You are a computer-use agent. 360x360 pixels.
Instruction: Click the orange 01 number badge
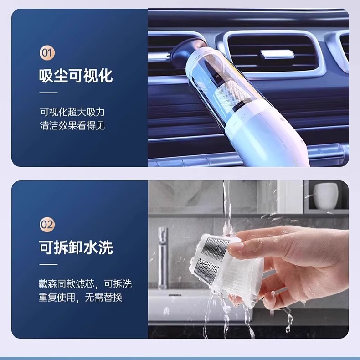tap(47, 53)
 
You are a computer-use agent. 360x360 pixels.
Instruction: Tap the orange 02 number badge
tap(47, 224)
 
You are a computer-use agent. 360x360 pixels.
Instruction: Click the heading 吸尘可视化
tap(76, 76)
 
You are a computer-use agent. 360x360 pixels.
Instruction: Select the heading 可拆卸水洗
tap(76, 247)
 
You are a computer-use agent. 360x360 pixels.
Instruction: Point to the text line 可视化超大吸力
tap(72, 112)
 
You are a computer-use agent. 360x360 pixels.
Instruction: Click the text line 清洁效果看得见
tap(72, 125)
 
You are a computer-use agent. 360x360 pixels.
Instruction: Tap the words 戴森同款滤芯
tap(67, 284)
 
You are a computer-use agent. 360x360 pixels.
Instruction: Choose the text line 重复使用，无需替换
tap(80, 297)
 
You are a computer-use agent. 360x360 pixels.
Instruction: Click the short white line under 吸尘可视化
tap(48, 93)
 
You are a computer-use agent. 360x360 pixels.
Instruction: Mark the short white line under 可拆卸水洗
tap(48, 264)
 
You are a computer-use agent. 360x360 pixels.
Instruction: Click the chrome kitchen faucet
tap(163, 257)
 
